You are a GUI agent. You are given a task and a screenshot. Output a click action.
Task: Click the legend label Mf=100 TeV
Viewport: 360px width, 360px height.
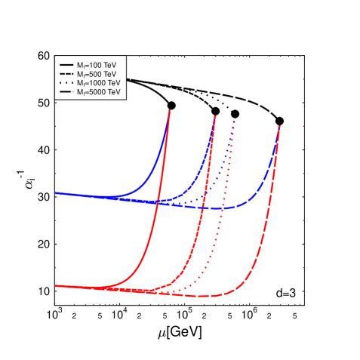pos(97,66)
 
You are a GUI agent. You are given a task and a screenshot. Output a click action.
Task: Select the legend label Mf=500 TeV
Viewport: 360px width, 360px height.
pos(97,75)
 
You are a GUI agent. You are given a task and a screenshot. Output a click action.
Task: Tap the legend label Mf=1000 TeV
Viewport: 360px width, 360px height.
pos(99,83)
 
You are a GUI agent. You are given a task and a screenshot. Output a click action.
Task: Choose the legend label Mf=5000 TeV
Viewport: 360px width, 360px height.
pos(99,92)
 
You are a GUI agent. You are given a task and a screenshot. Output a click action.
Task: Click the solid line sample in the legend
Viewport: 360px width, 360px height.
pos(66,66)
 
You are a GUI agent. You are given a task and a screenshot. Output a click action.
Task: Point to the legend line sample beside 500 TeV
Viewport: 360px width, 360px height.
pos(66,75)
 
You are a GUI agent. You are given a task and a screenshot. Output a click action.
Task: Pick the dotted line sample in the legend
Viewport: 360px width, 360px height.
pos(66,83)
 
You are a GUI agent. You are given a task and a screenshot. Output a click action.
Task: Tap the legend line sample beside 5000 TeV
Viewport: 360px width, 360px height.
pos(66,92)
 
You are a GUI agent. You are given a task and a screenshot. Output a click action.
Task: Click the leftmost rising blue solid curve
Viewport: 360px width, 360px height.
pos(160,151)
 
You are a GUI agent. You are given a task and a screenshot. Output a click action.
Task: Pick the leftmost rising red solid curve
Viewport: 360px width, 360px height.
pos(151,226)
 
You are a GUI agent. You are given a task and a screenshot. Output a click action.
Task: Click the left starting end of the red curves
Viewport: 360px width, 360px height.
pos(57,286)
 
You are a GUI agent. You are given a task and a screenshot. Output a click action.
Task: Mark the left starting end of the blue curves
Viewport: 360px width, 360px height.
pos(57,193)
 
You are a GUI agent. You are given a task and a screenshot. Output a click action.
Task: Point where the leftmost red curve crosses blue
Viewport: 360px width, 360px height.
pos(157,202)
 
